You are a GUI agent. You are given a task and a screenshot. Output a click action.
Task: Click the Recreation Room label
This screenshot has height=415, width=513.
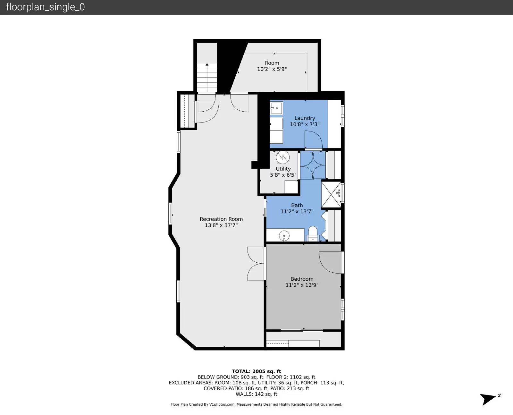click(x=221, y=219)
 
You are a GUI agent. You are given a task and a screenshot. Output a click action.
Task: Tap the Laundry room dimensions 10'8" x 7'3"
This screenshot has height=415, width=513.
click(x=305, y=124)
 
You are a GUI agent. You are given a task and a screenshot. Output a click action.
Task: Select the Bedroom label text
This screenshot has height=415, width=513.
click(x=302, y=279)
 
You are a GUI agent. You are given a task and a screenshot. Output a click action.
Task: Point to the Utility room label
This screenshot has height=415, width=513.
click(x=283, y=169)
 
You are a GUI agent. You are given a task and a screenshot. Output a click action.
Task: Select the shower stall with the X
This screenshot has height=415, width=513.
click(x=331, y=195)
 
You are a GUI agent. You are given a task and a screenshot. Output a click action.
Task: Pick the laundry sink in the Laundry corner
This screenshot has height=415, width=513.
click(x=276, y=108)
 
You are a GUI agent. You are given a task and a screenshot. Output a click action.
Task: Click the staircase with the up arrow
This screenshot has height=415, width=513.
click(x=207, y=77)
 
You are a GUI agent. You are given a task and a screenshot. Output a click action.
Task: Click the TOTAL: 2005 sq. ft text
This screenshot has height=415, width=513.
click(x=256, y=371)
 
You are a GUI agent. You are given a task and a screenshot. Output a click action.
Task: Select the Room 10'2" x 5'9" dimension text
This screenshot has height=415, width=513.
click(x=272, y=69)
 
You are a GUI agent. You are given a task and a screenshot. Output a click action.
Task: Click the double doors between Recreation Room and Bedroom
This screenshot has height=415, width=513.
click(x=256, y=263)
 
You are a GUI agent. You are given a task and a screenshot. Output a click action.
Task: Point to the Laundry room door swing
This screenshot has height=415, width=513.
click(x=313, y=140)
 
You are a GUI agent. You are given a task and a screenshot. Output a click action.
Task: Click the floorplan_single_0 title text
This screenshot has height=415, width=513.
click(x=46, y=7)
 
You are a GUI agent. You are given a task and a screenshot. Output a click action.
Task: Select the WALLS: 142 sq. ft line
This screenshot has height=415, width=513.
click(x=256, y=394)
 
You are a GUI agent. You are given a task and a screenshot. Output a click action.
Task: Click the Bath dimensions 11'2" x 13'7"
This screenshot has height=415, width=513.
click(x=297, y=211)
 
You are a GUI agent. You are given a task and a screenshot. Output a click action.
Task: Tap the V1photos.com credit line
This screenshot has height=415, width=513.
click(x=256, y=404)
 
